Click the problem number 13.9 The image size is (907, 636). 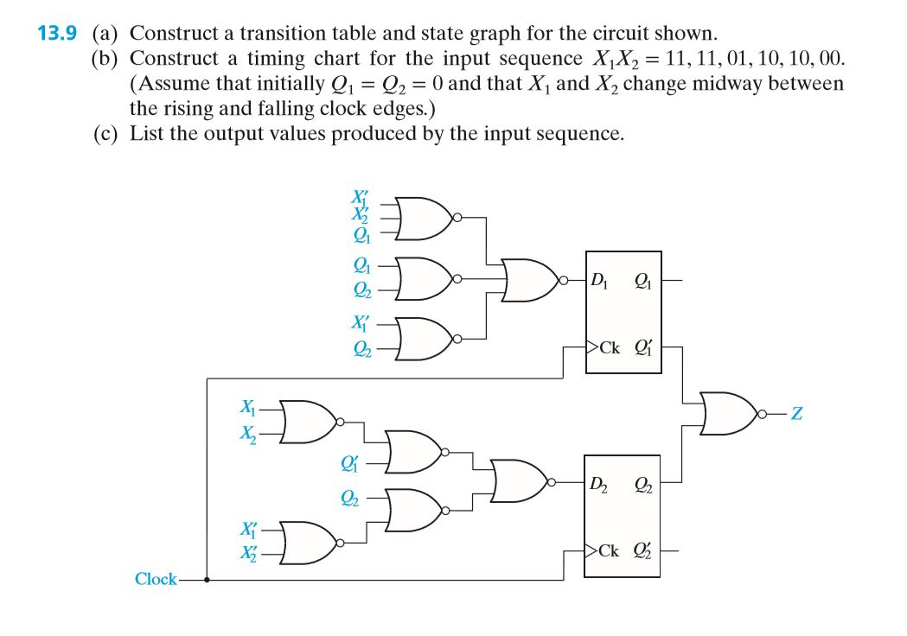[x=57, y=35]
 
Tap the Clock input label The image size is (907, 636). [x=156, y=579]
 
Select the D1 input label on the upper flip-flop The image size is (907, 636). [x=600, y=279]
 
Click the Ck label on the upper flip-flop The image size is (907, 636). [x=610, y=348]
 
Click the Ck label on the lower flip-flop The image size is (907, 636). [x=610, y=550]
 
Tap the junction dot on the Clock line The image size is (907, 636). [x=206, y=580]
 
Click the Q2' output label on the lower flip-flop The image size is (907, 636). [x=643, y=550]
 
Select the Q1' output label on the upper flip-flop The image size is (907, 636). [x=643, y=348]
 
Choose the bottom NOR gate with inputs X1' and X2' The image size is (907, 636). [x=309, y=541]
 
